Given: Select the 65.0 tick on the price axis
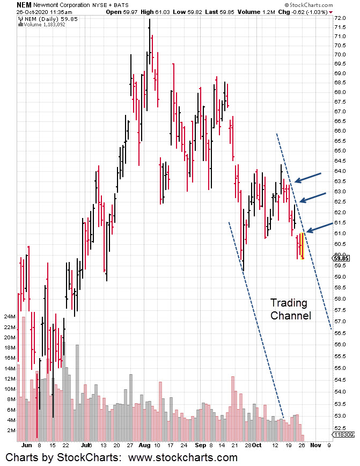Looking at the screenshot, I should [x=340, y=151].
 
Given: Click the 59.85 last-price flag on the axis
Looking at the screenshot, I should [x=342, y=258].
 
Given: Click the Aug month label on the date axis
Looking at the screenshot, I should [x=144, y=445].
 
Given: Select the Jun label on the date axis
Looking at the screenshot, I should [x=24, y=445].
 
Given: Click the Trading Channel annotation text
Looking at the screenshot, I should [x=290, y=309].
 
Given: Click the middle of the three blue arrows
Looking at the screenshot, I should [x=312, y=196].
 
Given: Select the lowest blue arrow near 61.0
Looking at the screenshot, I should [x=317, y=227].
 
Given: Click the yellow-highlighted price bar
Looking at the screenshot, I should [x=303, y=245].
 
